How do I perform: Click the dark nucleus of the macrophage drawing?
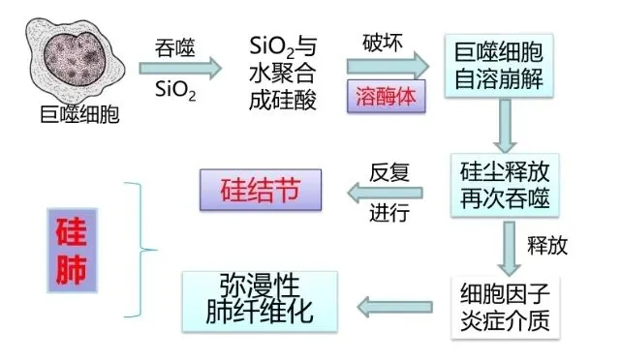(x=75, y=59)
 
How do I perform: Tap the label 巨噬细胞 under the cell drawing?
(x=79, y=115)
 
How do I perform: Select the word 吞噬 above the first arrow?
(x=175, y=48)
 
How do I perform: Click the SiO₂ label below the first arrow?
(x=175, y=90)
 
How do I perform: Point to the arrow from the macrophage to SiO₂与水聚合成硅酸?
(x=180, y=69)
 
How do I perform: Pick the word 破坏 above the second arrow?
(x=382, y=43)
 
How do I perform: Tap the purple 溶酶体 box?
(x=387, y=97)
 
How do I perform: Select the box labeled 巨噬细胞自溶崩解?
(x=499, y=66)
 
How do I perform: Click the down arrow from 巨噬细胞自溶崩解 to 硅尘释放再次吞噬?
(x=505, y=126)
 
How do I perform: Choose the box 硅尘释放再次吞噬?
(x=505, y=185)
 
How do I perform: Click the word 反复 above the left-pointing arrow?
(x=389, y=172)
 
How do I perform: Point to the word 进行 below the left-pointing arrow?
(x=389, y=213)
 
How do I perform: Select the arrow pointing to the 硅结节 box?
(x=385, y=194)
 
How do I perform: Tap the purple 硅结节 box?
(x=261, y=190)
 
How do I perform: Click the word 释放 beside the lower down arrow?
(x=547, y=246)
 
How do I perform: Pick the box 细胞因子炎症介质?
(x=506, y=307)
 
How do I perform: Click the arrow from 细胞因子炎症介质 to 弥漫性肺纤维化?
(x=395, y=307)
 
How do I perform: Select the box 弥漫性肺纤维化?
(x=260, y=301)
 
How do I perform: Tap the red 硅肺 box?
(x=72, y=251)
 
